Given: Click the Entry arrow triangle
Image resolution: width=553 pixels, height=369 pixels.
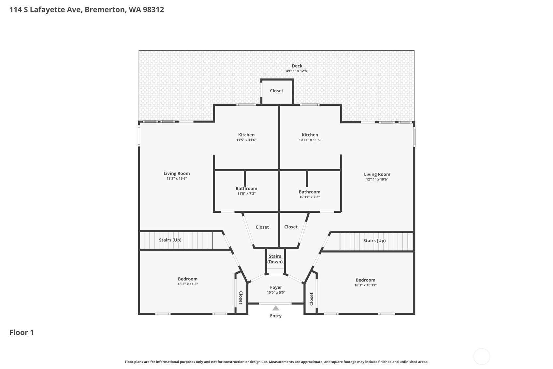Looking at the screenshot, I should click(276, 308).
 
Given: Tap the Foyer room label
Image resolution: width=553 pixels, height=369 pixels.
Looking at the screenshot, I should click(276, 287).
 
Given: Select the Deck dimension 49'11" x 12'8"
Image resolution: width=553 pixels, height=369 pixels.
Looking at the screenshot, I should click(297, 71).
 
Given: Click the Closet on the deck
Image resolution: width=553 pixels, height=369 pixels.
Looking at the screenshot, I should click(276, 91).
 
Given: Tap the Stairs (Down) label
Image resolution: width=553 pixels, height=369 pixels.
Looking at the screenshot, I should click(275, 259).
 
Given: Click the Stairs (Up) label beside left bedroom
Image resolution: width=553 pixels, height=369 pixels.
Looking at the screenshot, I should click(170, 240).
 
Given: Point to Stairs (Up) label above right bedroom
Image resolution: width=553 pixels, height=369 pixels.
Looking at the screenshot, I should click(374, 241).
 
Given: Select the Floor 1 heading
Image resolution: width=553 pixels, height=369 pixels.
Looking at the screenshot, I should click(22, 332).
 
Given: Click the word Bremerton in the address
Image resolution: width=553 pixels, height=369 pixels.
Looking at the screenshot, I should click(105, 9).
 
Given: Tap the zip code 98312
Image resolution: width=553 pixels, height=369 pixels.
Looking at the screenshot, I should click(153, 9).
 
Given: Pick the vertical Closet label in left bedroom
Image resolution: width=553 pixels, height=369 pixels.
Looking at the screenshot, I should click(241, 298).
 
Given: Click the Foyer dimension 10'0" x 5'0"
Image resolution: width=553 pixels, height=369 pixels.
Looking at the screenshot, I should click(276, 293).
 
